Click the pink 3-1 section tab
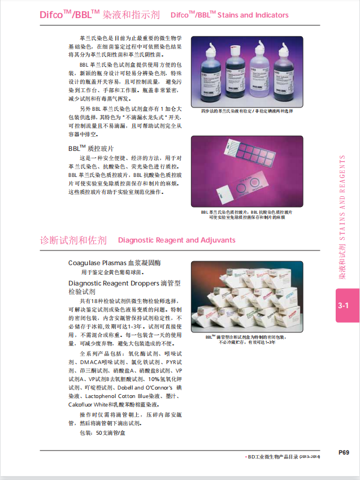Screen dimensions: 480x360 (344, 306)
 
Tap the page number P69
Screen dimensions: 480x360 (344, 452)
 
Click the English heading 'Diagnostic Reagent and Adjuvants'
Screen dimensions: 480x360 (177, 240)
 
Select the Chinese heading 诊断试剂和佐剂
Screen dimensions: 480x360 (73, 240)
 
